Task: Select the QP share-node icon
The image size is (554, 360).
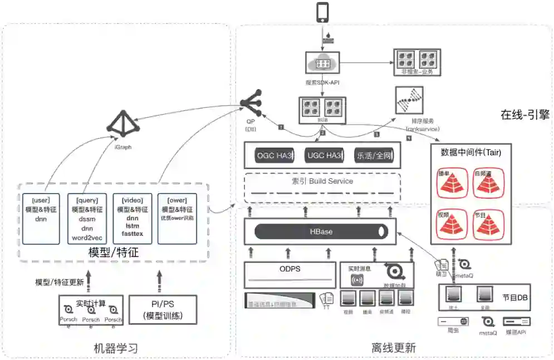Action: pyautogui.click(x=250, y=104)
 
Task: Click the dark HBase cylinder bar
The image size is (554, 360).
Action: pyautogui.click(x=321, y=231)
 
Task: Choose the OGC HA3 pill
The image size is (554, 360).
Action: pyautogui.click(x=274, y=155)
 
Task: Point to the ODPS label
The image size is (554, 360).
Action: pyautogui.click(x=290, y=269)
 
